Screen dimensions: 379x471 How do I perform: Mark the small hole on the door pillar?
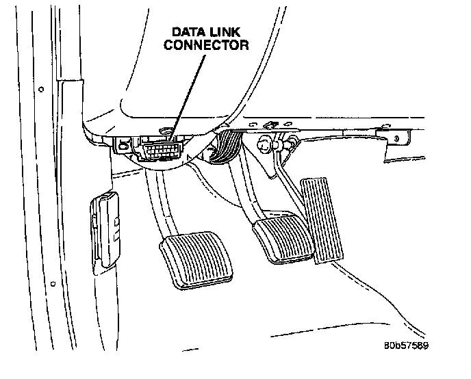[x=42, y=89]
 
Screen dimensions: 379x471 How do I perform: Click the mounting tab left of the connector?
[x=123, y=144]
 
